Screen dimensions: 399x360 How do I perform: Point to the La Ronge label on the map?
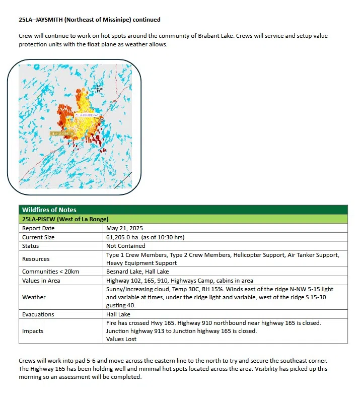pos(98,89)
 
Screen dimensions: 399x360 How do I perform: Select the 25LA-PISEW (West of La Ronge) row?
pos(65,219)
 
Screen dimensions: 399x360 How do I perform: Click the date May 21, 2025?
pos(127,228)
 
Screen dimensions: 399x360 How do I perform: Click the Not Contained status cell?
pos(125,246)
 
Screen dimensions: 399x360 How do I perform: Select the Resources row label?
pos(36,259)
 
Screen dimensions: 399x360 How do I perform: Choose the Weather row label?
pos(34,297)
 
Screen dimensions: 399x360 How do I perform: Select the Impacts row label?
pos(33,331)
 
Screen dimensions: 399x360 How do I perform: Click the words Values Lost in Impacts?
pos(121,339)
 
